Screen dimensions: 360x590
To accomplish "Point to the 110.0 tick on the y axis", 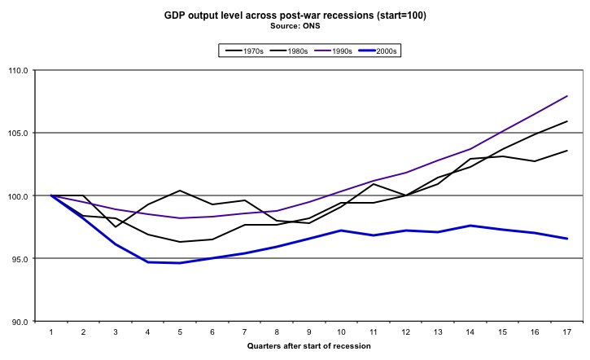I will coord(17,70).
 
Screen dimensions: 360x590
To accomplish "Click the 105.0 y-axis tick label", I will coord(17,133).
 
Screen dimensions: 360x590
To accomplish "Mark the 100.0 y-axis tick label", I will coord(17,195).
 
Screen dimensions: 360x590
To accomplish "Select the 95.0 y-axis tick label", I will coord(19,259).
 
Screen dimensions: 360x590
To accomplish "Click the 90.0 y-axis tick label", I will coord(19,322).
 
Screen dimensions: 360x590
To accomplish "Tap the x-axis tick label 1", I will coord(50,332).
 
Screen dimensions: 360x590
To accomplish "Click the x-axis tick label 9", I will coord(308,332).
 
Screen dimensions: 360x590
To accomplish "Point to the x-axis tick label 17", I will coord(566,332).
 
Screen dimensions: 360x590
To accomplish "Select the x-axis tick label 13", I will coord(437,332).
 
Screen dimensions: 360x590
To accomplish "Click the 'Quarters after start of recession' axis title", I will coord(308,346).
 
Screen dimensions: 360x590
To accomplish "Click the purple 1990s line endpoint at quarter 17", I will coord(566,96).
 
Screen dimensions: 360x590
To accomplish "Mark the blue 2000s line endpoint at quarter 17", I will coord(566,239).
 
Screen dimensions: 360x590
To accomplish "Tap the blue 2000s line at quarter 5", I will coord(179,263).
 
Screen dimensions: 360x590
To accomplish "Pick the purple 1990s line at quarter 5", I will coord(179,218).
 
